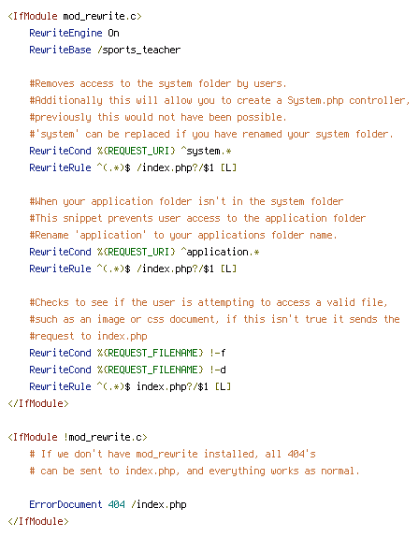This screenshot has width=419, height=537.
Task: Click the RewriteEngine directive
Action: click(65, 34)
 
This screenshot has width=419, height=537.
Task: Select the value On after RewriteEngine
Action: click(114, 34)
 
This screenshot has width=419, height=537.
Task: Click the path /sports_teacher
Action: click(138, 50)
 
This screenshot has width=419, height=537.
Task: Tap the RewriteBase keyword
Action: click(60, 50)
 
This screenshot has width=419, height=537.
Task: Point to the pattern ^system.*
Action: click(206, 151)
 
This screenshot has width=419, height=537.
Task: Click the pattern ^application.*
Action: click(220, 252)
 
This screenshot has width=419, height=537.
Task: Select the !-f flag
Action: click(217, 353)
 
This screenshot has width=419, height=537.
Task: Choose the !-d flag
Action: click(217, 370)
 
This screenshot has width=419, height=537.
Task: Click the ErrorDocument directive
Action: click(65, 504)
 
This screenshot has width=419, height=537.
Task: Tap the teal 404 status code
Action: click(116, 504)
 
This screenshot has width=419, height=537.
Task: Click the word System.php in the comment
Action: click(315, 100)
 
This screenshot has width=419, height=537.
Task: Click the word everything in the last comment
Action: click(237, 471)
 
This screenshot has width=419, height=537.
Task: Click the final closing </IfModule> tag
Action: click(38, 521)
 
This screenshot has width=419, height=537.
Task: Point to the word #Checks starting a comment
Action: click(49, 302)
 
